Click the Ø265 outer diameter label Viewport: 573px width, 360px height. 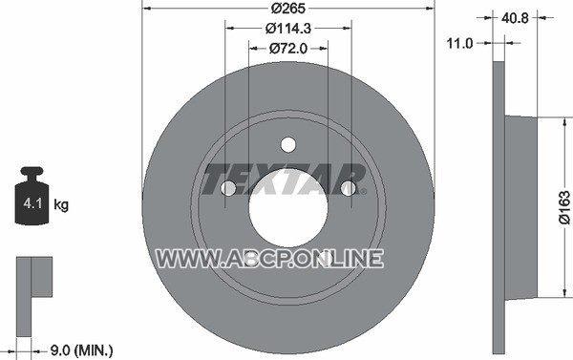[288, 9]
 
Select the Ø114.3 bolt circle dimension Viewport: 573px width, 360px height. [288, 28]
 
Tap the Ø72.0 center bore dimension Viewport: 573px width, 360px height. [288, 49]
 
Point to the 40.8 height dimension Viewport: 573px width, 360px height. [515, 18]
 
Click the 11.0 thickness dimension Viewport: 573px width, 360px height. [459, 44]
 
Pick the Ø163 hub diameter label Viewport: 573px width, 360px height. [564, 206]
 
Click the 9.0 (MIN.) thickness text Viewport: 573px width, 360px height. [81, 350]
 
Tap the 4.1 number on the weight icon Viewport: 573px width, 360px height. [32, 203]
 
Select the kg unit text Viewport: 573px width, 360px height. [61, 204]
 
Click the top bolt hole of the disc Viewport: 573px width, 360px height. [288, 144]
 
